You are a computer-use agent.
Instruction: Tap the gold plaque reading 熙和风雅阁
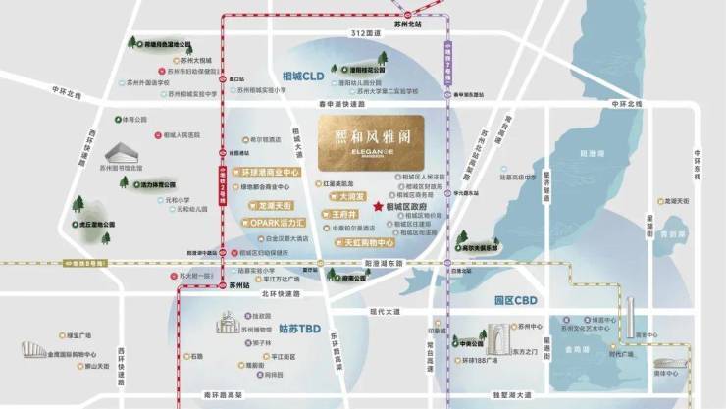click(371, 142)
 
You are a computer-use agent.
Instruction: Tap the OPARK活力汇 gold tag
click(272, 223)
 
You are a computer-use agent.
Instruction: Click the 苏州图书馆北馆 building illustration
click(122, 154)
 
